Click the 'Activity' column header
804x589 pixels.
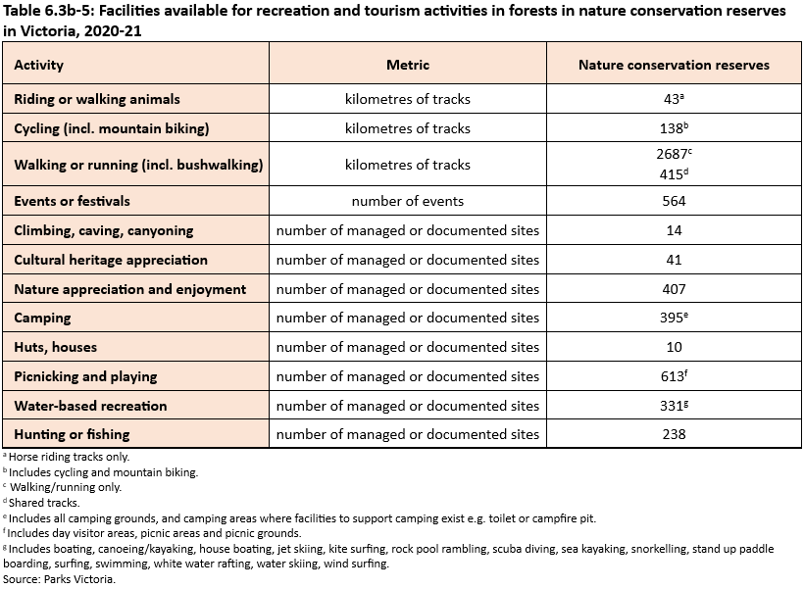coord(39,66)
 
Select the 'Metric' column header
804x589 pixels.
coord(408,66)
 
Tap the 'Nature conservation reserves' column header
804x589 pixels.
coord(674,66)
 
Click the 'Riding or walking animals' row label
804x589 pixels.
coord(97,99)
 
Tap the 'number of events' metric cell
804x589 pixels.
coord(408,201)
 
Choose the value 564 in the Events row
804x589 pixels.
coord(674,201)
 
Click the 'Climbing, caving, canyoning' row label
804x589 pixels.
coord(104,230)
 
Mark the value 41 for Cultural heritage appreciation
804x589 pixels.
coord(674,260)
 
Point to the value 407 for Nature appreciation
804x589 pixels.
coord(674,289)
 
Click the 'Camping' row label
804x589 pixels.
coord(43,318)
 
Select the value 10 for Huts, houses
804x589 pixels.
coord(674,347)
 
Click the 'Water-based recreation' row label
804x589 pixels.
coord(90,406)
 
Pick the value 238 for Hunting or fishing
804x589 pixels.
coord(674,434)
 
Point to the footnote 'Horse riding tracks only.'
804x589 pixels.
coord(69,457)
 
